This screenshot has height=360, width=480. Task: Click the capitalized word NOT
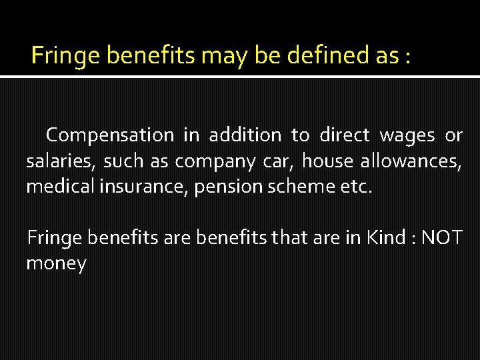[x=442, y=237]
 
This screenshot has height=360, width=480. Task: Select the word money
[x=56, y=264]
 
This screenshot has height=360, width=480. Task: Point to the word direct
[x=344, y=135]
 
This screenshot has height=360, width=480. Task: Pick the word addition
[x=245, y=135]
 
